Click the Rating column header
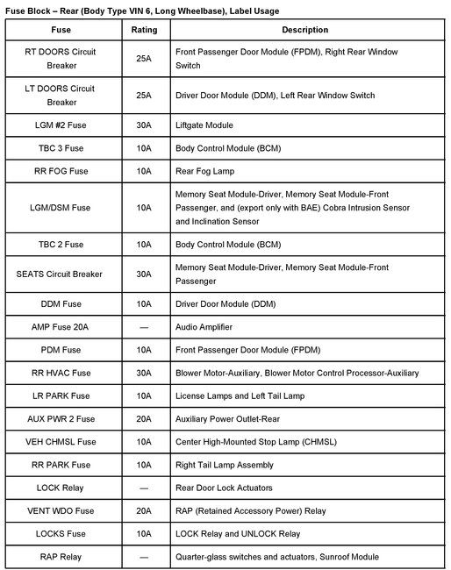144,30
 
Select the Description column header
305,30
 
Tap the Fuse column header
61,30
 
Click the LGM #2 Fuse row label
61,125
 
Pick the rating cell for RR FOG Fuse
144,171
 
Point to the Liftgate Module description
204,125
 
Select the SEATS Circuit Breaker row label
61,274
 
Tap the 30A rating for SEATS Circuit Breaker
144,274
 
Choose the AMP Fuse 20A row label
61,327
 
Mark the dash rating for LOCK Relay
144,488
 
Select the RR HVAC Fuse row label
61,373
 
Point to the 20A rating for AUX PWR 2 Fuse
144,419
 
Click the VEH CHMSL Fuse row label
61,442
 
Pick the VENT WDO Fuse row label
61,510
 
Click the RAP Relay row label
61,556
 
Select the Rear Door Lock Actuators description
225,488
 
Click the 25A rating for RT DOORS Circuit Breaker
144,59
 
